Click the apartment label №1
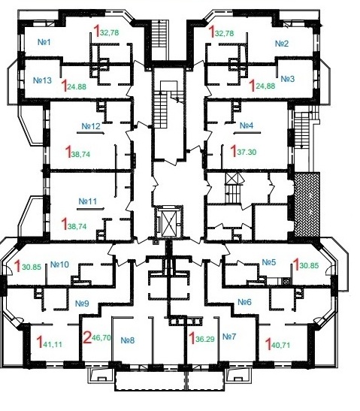[44, 42]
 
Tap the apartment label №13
[43, 80]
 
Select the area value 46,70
[101, 338]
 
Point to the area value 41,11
[53, 344]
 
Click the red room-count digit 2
[86, 337]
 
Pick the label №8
[128, 340]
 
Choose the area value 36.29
[205, 339]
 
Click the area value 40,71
[281, 345]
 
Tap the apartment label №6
[244, 302]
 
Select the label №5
[269, 262]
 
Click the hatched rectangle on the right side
[307, 204]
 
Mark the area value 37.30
[247, 152]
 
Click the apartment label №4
[247, 125]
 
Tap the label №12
[91, 126]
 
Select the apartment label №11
[88, 201]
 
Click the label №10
[59, 264]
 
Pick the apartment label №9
[82, 304]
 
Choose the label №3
[288, 79]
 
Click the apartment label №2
[282, 44]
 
